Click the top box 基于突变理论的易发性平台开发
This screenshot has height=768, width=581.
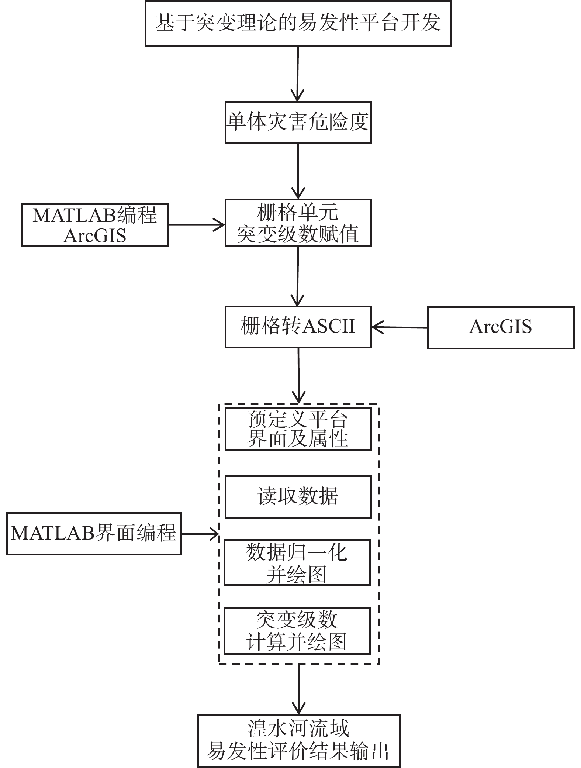point(298,23)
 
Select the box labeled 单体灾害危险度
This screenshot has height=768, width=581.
point(298,123)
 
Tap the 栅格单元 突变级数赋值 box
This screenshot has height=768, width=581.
point(298,223)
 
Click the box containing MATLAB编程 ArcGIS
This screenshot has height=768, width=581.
point(95,225)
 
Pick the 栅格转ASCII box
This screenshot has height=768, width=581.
point(298,327)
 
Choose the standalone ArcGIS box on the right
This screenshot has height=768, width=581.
point(501,327)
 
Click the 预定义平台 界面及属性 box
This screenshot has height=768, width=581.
point(298,429)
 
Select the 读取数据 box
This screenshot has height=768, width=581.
point(298,497)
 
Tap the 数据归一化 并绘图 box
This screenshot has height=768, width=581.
point(297,562)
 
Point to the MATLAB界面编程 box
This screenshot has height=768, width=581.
point(94,534)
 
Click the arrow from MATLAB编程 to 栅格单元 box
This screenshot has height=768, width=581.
point(196,224)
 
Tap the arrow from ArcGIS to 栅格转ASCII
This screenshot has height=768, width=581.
point(399,327)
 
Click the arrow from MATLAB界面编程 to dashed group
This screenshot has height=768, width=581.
point(200,534)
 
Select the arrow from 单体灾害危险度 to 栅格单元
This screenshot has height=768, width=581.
point(298,171)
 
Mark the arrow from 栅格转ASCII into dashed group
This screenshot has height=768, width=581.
point(298,375)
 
